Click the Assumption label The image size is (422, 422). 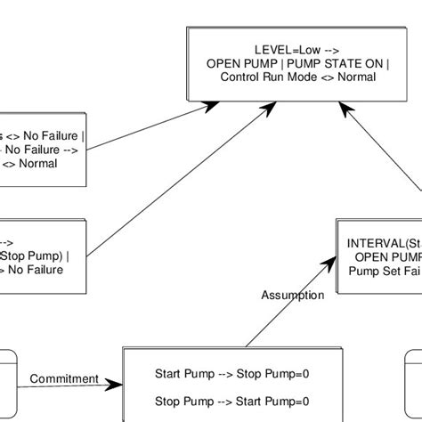[292, 295]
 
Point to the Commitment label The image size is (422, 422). [64, 378]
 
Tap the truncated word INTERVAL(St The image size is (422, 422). [384, 242]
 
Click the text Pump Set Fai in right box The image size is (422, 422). [384, 271]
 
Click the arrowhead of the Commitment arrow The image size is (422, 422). [116, 385]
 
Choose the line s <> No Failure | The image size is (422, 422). [43, 137]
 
